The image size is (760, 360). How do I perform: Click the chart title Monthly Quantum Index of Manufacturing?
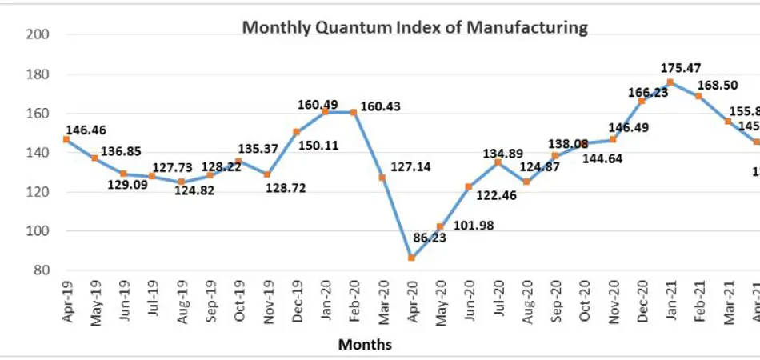point(414,28)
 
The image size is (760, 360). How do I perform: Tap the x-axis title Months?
point(365,345)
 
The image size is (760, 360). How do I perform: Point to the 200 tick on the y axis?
point(41,34)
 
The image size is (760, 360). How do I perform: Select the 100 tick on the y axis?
point(41,231)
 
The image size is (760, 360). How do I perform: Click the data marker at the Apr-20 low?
point(412,258)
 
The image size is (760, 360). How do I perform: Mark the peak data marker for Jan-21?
point(670,82)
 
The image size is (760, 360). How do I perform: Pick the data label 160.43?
point(380,106)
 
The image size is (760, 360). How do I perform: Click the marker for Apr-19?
point(66,140)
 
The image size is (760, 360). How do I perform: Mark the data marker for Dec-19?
point(296,132)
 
